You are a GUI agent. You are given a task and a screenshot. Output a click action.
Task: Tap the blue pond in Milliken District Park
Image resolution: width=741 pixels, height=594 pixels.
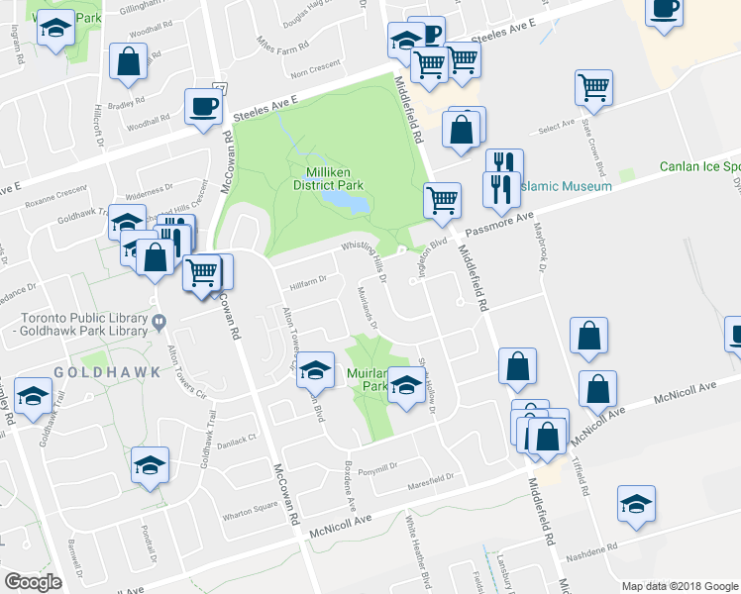point(345,201)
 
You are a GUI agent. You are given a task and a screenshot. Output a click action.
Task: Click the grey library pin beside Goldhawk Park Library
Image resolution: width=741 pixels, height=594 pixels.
point(158,320)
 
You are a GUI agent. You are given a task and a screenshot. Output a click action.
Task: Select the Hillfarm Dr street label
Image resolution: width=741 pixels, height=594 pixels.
point(307,281)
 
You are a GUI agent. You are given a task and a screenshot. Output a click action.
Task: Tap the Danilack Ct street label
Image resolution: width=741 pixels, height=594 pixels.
point(238,437)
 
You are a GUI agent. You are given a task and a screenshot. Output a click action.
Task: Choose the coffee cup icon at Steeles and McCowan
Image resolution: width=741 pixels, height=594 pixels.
point(203,107)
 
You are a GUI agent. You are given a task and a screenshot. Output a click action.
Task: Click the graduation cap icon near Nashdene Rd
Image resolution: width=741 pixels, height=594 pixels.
point(636,504)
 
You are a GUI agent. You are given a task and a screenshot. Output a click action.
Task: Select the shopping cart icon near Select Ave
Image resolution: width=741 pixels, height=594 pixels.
point(593,88)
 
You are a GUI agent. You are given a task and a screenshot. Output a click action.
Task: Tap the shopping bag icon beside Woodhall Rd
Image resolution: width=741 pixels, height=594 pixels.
point(129,61)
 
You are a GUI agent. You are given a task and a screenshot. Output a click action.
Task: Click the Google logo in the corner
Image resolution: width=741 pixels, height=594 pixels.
point(33,582)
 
